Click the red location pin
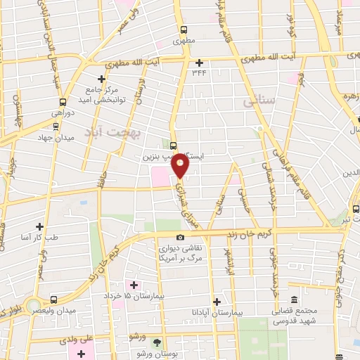pyautogui.click(x=181, y=165)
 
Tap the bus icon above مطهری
pyautogui.click(x=184, y=30)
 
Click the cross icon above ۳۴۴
pyautogui.click(x=200, y=63)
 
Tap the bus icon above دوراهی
pyautogui.click(x=63, y=101)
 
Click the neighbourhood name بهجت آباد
pyautogui.click(x=112, y=132)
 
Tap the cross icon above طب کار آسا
pyautogui.click(x=39, y=226)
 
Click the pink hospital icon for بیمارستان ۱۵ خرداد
pyautogui.click(x=134, y=285)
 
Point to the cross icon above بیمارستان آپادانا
pyautogui.click(x=217, y=301)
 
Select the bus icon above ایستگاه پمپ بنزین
pyautogui.click(x=174, y=145)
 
